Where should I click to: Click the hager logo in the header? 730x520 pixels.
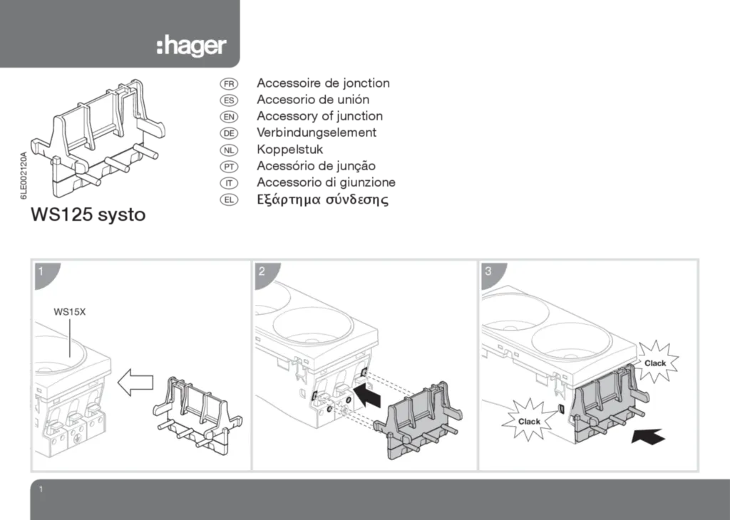[x=191, y=47]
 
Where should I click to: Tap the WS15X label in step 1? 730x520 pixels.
[x=70, y=312]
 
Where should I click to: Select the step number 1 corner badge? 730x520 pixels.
[x=42, y=272]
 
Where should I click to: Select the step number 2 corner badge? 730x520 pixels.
[x=263, y=272]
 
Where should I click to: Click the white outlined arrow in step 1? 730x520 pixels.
[x=135, y=385]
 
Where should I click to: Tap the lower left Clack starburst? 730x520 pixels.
[x=529, y=421]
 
